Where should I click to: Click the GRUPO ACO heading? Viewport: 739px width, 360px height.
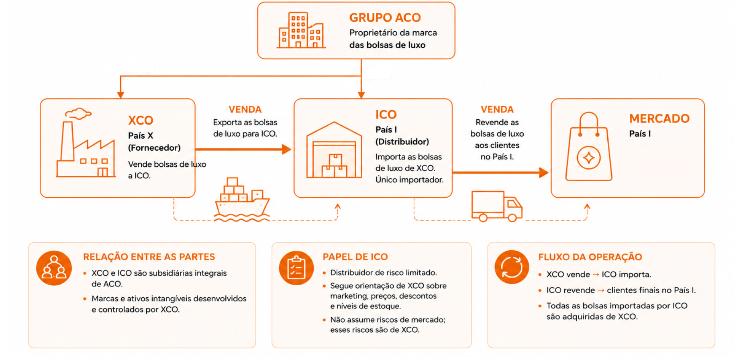(x=385, y=18)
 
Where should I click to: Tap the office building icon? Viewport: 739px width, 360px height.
(x=301, y=30)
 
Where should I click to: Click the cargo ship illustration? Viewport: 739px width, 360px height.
(x=242, y=200)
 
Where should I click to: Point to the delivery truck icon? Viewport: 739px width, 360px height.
(x=497, y=206)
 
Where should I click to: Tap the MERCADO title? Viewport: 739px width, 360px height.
(x=659, y=119)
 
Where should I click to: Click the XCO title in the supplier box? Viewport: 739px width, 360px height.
(x=141, y=120)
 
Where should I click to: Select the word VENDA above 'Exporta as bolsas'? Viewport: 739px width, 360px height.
(x=245, y=109)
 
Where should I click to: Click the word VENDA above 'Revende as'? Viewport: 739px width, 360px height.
(x=497, y=109)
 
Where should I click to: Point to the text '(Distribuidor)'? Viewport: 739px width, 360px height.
(x=402, y=141)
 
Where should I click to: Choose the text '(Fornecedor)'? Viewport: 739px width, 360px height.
(x=154, y=147)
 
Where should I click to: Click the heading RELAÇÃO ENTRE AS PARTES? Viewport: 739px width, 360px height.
(x=149, y=257)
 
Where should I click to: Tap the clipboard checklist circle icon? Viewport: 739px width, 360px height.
(x=296, y=268)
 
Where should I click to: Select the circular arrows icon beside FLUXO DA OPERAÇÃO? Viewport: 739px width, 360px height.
(x=512, y=267)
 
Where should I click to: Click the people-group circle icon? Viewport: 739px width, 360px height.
(x=54, y=268)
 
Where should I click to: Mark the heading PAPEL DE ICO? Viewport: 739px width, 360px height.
(x=355, y=257)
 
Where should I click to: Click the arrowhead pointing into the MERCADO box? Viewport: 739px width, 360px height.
(x=544, y=173)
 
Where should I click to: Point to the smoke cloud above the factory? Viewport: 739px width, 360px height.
(x=78, y=113)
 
